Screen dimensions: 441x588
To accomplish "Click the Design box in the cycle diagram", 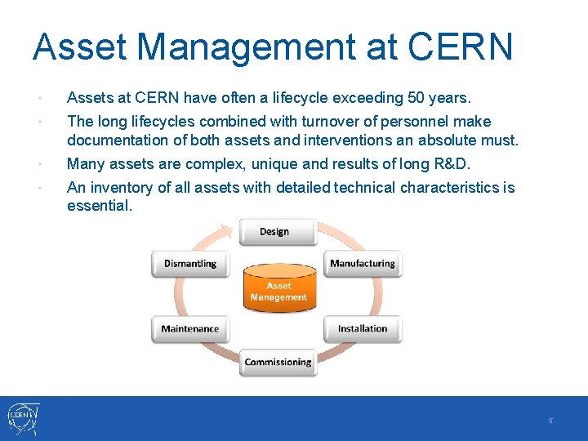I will tap(274, 232).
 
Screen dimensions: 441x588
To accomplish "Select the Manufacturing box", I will tap(362, 264).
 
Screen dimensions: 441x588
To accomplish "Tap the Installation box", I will tap(362, 329).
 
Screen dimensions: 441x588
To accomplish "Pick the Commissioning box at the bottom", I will tap(278, 363).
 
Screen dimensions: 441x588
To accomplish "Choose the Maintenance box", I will tap(190, 329).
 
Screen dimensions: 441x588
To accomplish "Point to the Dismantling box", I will tap(190, 264).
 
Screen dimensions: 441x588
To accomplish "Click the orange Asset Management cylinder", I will tap(278, 291).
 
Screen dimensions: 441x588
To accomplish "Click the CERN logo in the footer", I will tap(23, 418).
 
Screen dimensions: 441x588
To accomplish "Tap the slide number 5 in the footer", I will tap(550, 421).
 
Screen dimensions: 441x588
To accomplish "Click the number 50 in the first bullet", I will tap(416, 99).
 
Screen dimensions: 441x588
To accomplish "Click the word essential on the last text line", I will tap(100, 206).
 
